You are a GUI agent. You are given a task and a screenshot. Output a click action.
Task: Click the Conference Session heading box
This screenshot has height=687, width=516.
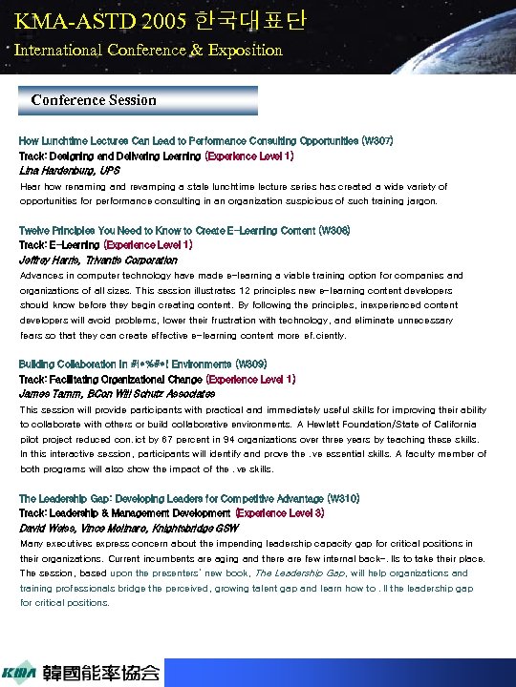139,100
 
